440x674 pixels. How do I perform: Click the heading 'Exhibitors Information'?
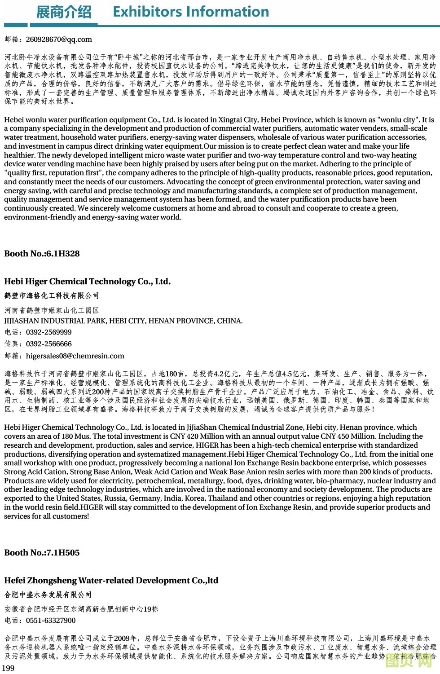tap(191, 12)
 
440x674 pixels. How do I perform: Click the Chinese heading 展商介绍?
tap(63, 12)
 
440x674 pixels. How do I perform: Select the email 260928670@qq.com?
tap(59, 40)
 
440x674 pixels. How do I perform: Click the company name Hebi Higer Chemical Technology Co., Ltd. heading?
tap(88, 282)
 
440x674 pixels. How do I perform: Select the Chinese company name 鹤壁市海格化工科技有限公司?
tap(52, 295)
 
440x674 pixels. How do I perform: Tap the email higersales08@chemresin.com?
tap(75, 356)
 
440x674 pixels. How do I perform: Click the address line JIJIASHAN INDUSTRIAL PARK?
tap(123, 321)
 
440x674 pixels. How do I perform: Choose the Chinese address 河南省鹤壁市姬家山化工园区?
tap(52, 310)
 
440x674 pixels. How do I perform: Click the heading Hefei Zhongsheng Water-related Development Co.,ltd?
tap(111, 581)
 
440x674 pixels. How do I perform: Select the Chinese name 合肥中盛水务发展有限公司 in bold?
tap(48, 595)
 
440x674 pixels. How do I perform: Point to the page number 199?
tap(9, 668)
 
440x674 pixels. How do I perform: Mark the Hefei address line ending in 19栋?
tap(81, 609)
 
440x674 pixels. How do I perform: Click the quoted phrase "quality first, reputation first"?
tap(53, 173)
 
